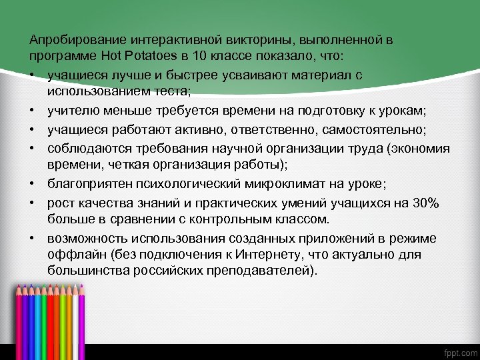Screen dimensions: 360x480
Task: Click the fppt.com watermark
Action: [x=460, y=351]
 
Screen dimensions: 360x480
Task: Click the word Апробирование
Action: [x=67, y=39]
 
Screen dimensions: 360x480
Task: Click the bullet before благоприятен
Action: [x=32, y=185]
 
